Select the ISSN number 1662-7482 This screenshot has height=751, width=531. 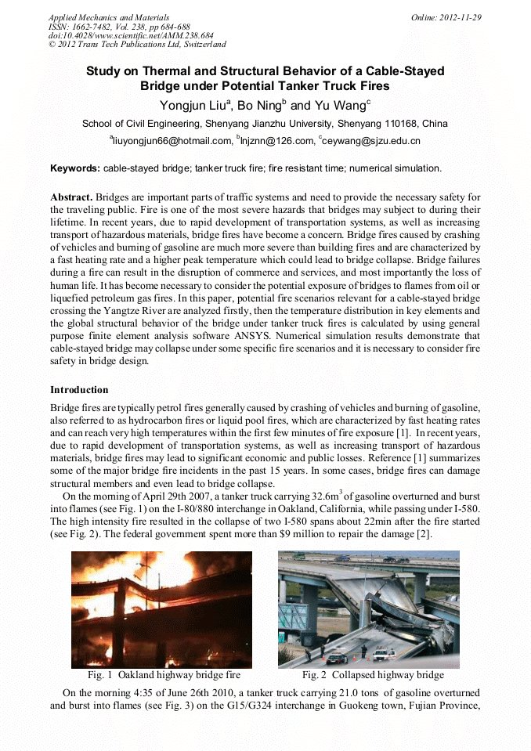pos(90,27)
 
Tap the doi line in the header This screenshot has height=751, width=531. pos(130,36)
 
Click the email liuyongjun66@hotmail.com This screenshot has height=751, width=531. pos(172,142)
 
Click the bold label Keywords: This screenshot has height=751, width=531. pos(75,168)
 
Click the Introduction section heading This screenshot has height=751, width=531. pos(79,390)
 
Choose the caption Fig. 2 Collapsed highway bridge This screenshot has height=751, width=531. pos(373,675)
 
